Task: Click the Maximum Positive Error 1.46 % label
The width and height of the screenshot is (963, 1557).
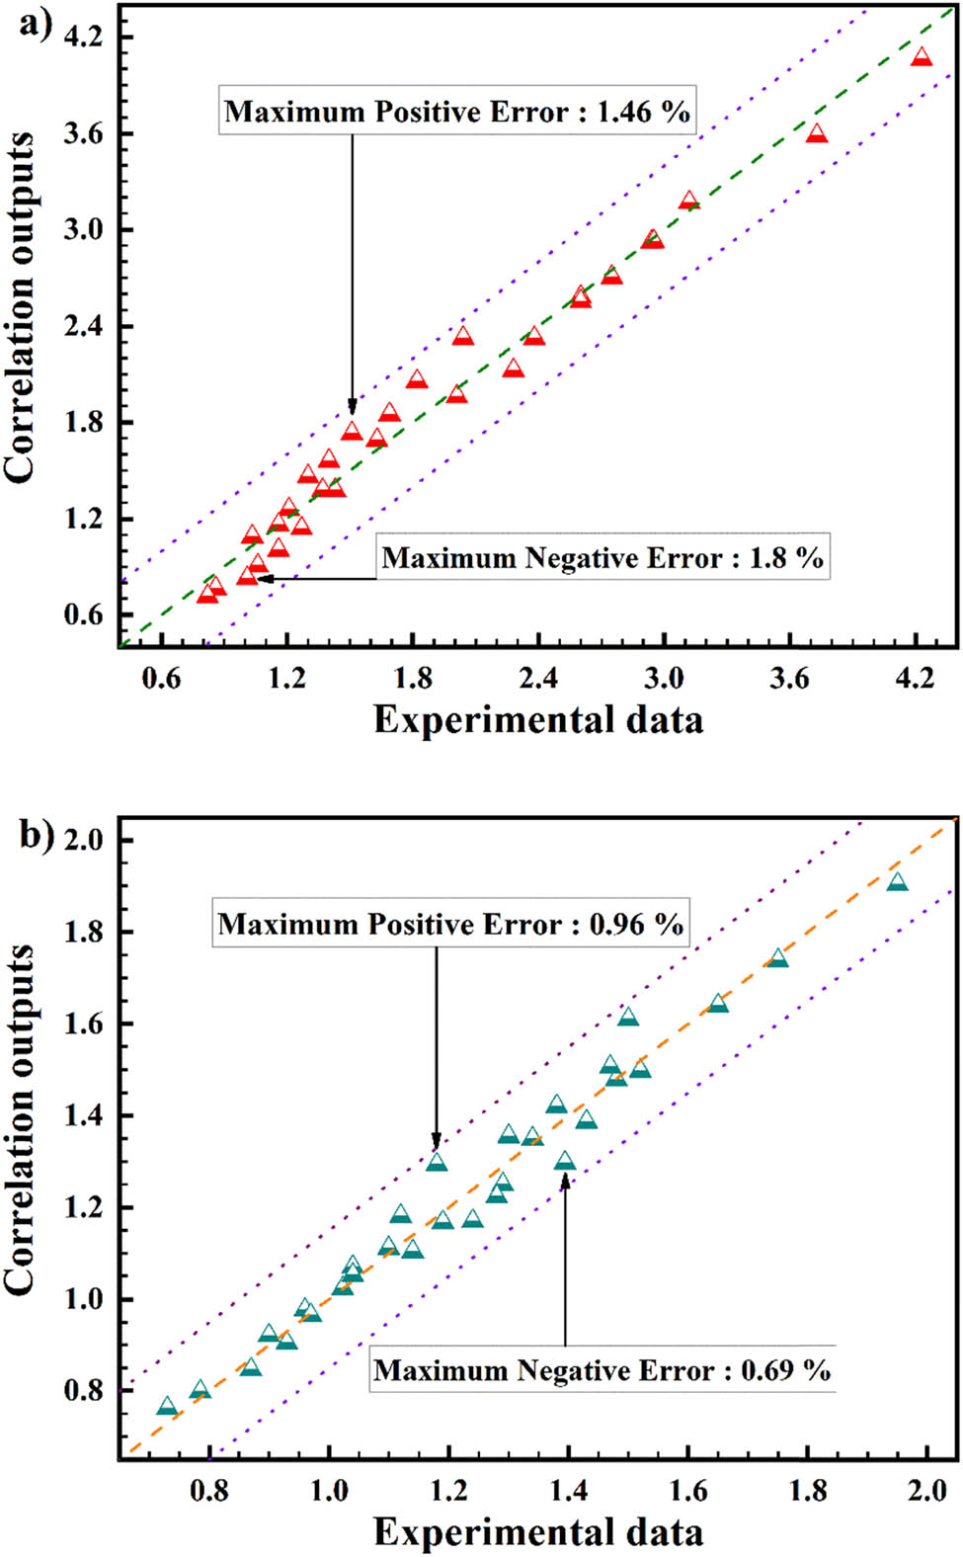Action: coord(457,111)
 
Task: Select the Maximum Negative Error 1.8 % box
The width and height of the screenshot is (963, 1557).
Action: coord(602,558)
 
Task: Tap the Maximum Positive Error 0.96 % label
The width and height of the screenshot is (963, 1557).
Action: coord(450,924)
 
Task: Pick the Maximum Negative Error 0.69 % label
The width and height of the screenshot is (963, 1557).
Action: coord(602,1370)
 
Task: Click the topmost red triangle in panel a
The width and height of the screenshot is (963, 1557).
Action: coord(921,57)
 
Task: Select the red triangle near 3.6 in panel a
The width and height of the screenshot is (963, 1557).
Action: coord(816,133)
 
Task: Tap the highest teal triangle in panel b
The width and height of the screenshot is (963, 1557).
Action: coord(897,882)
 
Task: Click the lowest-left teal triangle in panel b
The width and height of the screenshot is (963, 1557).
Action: coord(167,1407)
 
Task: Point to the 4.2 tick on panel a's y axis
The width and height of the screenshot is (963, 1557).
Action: coord(83,38)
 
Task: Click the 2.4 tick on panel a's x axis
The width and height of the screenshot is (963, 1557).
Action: coord(538,679)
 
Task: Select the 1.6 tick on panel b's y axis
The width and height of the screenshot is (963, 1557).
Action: coord(84,1024)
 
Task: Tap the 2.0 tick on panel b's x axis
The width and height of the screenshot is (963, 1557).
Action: coord(927,1490)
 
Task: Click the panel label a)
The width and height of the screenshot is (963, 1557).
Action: coord(35,23)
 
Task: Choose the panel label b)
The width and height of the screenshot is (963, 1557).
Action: coord(36,835)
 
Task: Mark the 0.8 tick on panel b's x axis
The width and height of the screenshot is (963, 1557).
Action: coord(209,1490)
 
